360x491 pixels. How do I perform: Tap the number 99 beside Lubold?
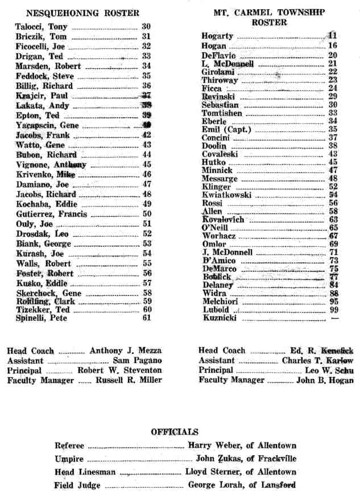click(333, 310)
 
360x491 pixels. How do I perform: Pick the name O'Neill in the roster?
click(214, 228)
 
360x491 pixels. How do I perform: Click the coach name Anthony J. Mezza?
click(126, 350)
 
